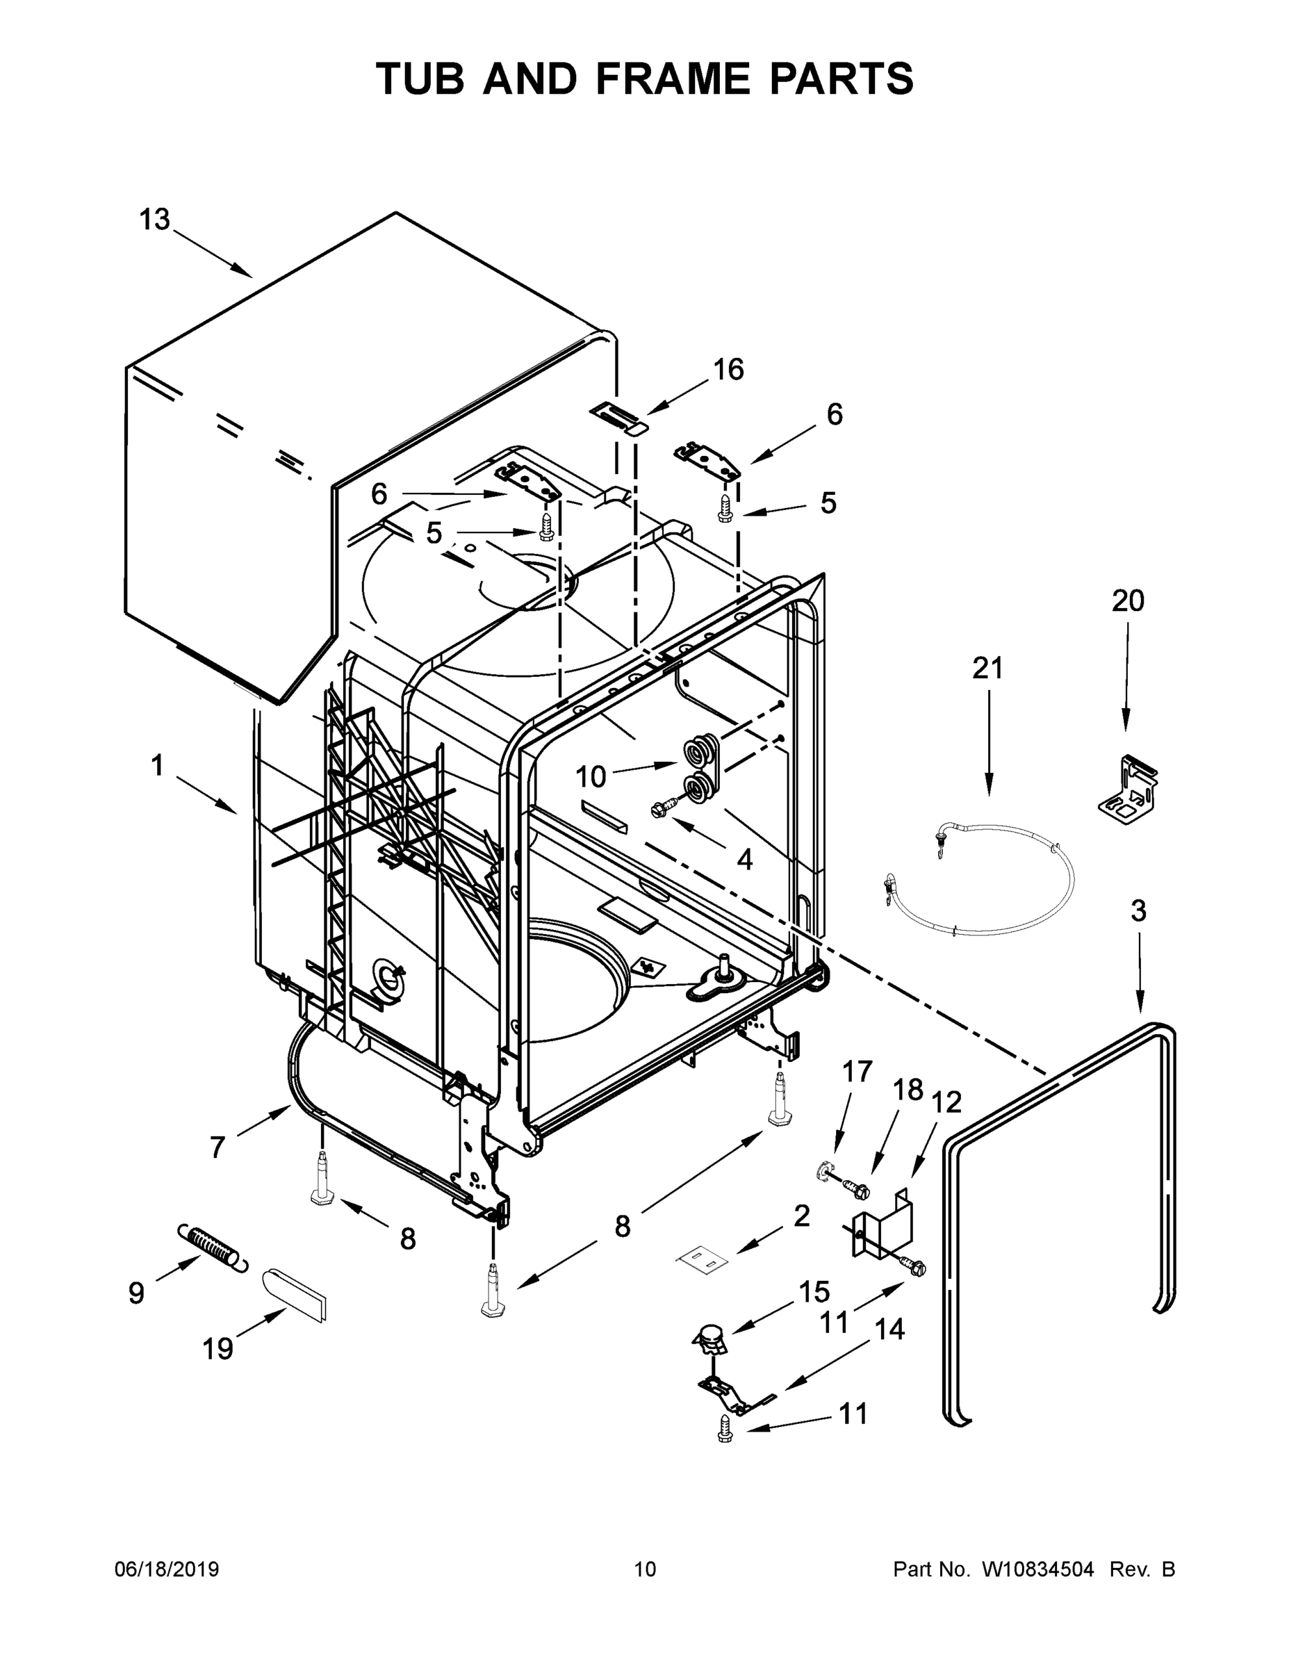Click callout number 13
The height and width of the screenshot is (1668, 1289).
(x=154, y=220)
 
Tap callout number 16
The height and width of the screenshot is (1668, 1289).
(x=728, y=370)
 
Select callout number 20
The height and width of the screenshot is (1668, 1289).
(x=1127, y=601)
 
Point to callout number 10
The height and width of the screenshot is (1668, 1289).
(x=590, y=777)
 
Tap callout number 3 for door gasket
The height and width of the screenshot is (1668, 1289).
(x=1138, y=910)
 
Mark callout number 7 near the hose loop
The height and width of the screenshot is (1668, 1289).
(x=217, y=1147)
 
